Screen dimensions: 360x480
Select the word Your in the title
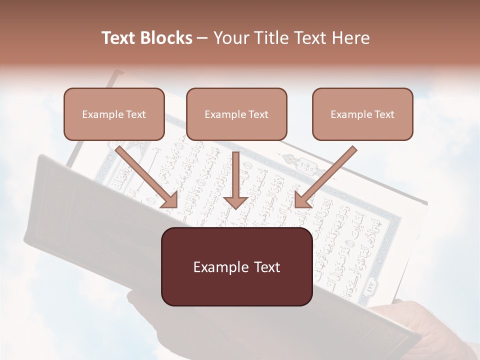[229, 38]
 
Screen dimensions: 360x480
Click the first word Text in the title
[120, 38]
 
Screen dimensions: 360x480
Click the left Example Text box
[114, 114]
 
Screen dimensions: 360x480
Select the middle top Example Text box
[236, 114]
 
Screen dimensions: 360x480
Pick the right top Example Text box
[362, 114]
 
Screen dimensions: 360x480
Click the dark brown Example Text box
[236, 266]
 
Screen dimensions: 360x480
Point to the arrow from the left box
[147, 177]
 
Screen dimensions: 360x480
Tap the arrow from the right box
[325, 177]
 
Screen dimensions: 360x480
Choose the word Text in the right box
[384, 114]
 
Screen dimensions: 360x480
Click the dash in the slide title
[202, 38]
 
